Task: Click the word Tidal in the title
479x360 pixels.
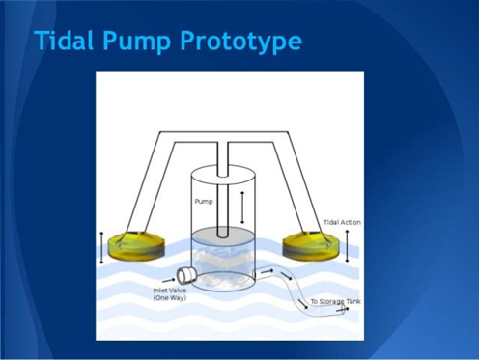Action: pyautogui.click(x=64, y=40)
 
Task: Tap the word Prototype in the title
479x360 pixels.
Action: pyautogui.click(x=240, y=42)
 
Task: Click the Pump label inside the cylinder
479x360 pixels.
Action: pyautogui.click(x=204, y=202)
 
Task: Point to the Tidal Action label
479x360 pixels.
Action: pyautogui.click(x=342, y=222)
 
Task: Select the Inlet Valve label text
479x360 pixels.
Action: pyautogui.click(x=170, y=291)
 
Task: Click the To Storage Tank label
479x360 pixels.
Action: pyautogui.click(x=335, y=301)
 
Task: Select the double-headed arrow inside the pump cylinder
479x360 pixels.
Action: pyautogui.click(x=242, y=208)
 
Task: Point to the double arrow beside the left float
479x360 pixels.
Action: pyautogui.click(x=101, y=248)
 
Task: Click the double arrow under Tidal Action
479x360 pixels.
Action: pyautogui.click(x=347, y=246)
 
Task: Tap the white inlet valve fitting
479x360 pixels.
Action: pyautogui.click(x=186, y=276)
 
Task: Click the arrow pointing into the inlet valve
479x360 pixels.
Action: pyautogui.click(x=168, y=280)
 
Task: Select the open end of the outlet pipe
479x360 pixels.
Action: pyautogui.click(x=343, y=310)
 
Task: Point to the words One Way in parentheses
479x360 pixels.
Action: pyautogui.click(x=170, y=298)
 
